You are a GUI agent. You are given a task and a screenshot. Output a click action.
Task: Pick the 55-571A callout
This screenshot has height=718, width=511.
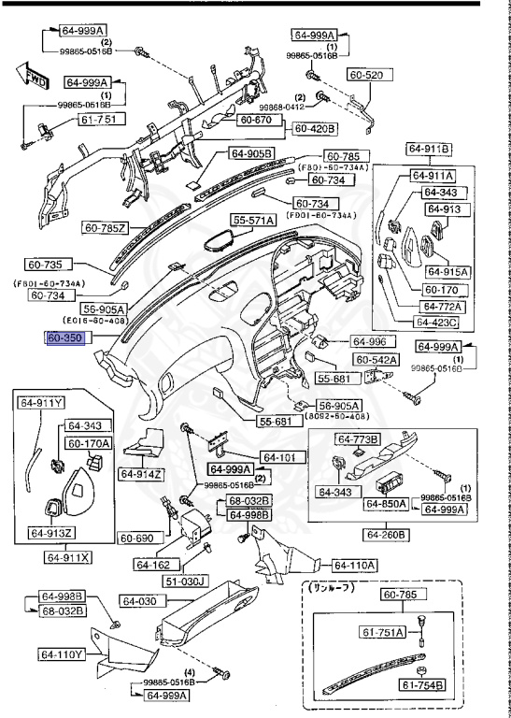(x=255, y=220)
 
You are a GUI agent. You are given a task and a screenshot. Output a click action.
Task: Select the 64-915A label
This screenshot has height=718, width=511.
(x=447, y=271)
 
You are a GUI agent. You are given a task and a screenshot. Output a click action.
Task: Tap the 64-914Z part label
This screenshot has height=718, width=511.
(x=140, y=474)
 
